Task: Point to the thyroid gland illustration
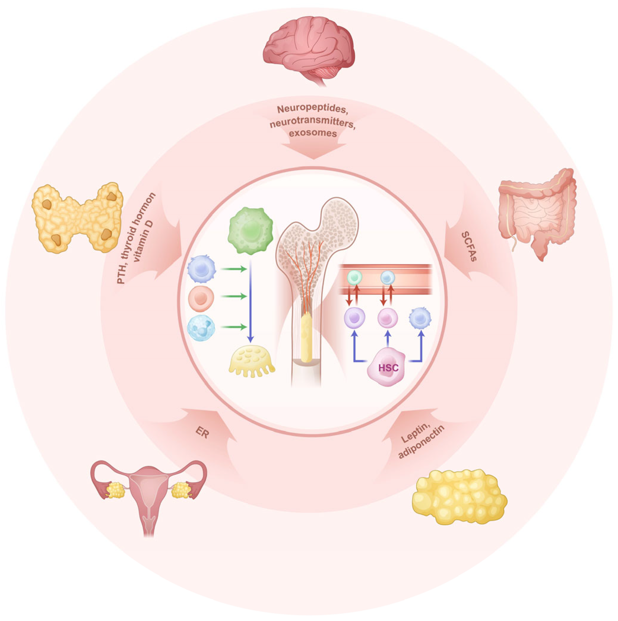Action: [77, 218]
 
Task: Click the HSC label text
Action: [388, 367]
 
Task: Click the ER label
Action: [202, 434]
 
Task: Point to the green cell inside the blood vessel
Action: [354, 277]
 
